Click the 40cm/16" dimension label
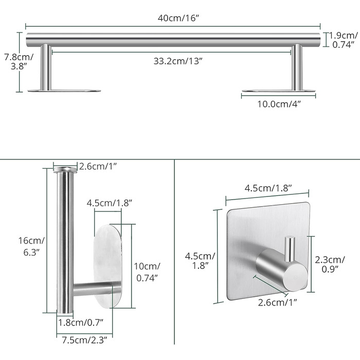(178, 18)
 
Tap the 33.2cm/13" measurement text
(178, 61)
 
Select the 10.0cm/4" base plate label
(279, 104)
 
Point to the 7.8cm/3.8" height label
(19, 62)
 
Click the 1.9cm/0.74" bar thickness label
(343, 40)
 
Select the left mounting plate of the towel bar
(64, 91)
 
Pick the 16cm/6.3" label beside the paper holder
(31, 246)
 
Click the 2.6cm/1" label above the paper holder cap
(98, 166)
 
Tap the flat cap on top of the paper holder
(65, 170)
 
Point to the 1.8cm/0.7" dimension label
(81, 322)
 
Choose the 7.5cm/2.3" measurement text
(84, 340)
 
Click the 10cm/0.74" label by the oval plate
(147, 272)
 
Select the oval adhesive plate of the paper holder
(107, 266)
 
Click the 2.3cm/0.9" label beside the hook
(330, 264)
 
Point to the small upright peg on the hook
(290, 249)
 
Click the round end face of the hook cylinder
(295, 277)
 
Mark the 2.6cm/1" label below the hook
(278, 302)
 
